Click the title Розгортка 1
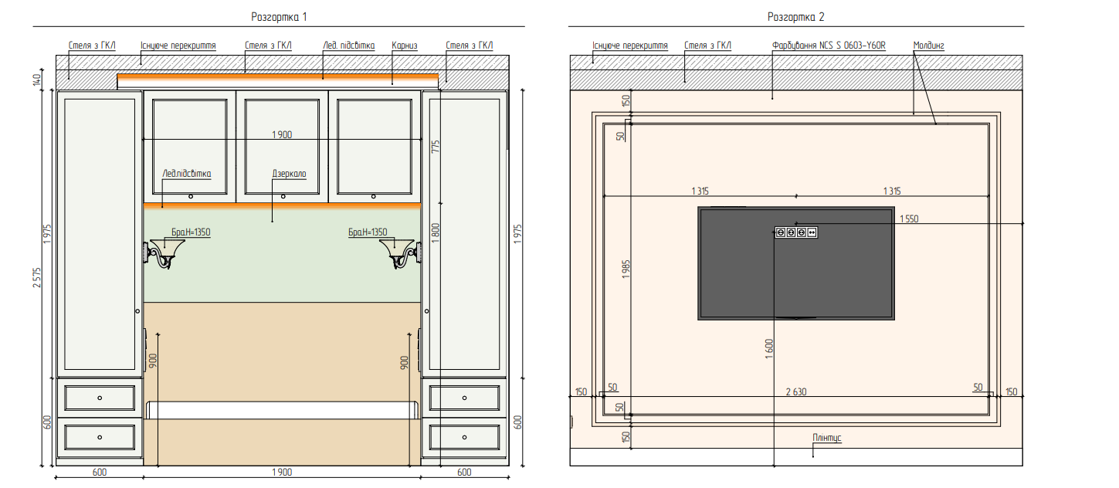[x=279, y=17]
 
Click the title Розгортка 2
[x=795, y=17]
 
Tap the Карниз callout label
[x=404, y=46]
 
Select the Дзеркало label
[x=290, y=174]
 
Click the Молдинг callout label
[x=929, y=46]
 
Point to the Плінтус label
[x=827, y=438]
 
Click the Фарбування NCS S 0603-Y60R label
[x=829, y=46]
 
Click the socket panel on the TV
[x=796, y=232]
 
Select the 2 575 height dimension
[x=37, y=278]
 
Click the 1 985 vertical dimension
[x=626, y=269]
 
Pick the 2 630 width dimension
[x=796, y=392]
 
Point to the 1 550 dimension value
[x=909, y=219]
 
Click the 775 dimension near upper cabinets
[x=436, y=147]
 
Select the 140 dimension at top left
[x=36, y=80]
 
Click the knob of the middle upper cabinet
[x=283, y=197]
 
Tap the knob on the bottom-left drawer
[x=100, y=438]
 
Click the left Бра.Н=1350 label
[x=191, y=232]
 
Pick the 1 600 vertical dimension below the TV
[x=769, y=349]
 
